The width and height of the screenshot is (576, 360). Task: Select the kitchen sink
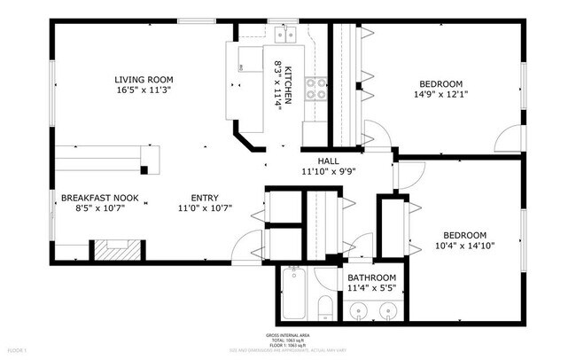[285, 35]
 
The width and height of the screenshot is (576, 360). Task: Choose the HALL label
[329, 161]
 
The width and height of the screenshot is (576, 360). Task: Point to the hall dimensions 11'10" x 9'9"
[329, 173]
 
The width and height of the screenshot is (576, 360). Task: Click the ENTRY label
[206, 198]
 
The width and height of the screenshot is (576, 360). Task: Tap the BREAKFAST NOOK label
[99, 198]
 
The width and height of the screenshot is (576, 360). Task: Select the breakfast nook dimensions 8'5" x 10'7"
[99, 209]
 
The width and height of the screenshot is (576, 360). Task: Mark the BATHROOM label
[371, 278]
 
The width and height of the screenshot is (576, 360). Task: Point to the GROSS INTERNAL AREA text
[287, 335]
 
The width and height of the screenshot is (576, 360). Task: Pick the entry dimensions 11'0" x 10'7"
[206, 209]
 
